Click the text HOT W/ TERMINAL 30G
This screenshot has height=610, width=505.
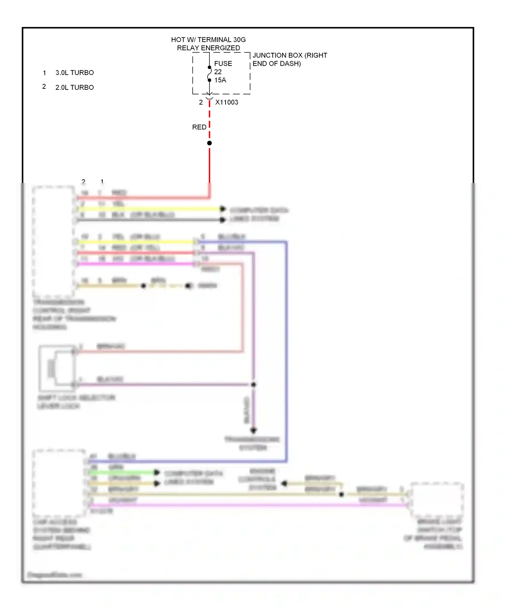208,40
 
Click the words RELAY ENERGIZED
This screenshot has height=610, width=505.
208,48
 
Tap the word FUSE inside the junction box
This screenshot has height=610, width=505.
223,64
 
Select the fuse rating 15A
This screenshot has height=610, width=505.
220,80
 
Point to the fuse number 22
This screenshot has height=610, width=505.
218,72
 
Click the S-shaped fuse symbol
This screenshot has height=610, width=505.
209,74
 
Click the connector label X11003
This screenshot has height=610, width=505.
227,102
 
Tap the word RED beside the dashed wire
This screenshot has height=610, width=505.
199,127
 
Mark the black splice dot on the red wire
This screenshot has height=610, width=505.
209,143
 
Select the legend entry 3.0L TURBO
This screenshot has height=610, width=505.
74,73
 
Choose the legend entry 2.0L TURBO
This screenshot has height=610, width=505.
74,87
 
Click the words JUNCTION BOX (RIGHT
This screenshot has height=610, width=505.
290,55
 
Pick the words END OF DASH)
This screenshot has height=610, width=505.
276,64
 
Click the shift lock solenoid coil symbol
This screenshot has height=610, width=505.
52,369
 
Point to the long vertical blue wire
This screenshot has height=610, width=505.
286,350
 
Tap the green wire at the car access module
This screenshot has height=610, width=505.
121,472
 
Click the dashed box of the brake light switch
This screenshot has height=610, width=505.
436,500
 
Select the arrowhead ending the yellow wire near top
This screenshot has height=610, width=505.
223,209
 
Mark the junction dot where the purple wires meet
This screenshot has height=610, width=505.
254,384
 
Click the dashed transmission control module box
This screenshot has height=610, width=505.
54,241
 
